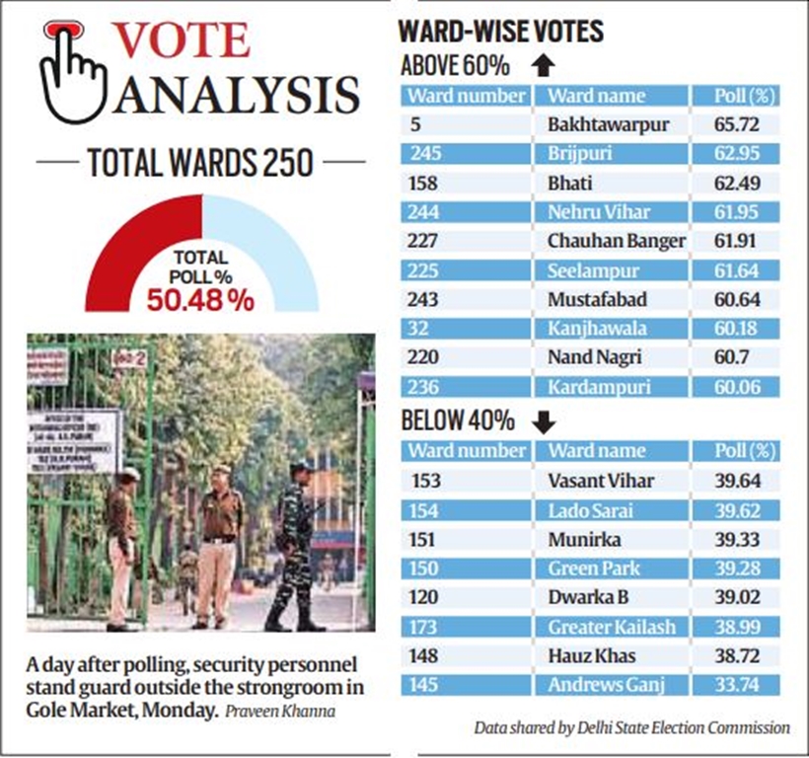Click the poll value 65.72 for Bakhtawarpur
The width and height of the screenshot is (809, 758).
(745, 125)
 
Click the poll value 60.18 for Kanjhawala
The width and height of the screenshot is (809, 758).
(745, 328)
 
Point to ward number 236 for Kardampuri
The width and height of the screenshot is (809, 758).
(421, 386)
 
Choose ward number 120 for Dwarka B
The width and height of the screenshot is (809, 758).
(421, 597)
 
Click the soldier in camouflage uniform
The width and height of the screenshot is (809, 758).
(294, 543)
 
